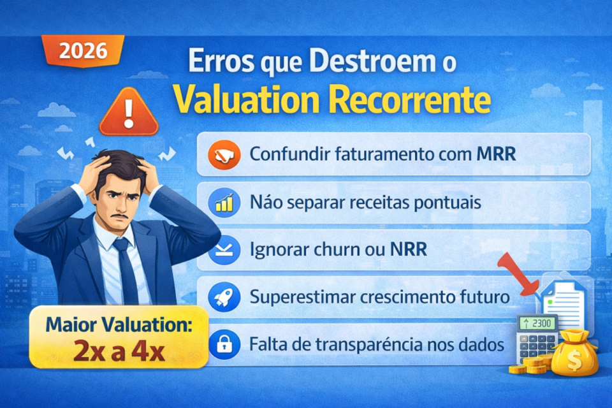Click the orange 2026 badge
pyautogui.click(x=83, y=51)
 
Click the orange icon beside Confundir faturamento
pyautogui.click(x=224, y=154)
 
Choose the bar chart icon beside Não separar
pyautogui.click(x=224, y=203)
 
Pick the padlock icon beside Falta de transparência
pyautogui.click(x=224, y=345)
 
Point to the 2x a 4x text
pyautogui.click(x=119, y=351)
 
